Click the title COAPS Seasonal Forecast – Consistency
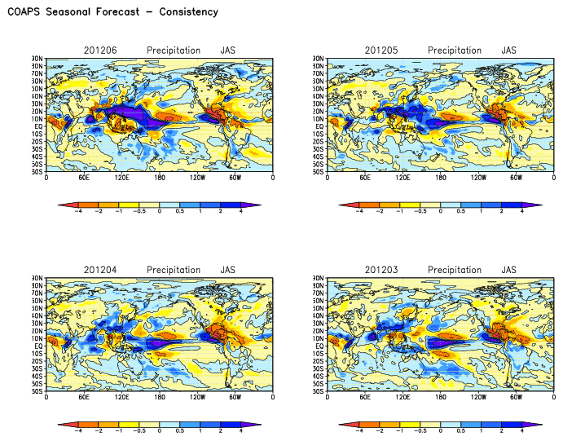tap(112, 12)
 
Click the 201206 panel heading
tap(100, 51)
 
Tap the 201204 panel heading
tap(100, 270)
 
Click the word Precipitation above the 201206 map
tap(174, 51)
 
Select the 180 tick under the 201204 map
tap(160, 396)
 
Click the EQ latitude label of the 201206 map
tap(37, 126)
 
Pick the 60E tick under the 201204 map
tap(84, 396)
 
